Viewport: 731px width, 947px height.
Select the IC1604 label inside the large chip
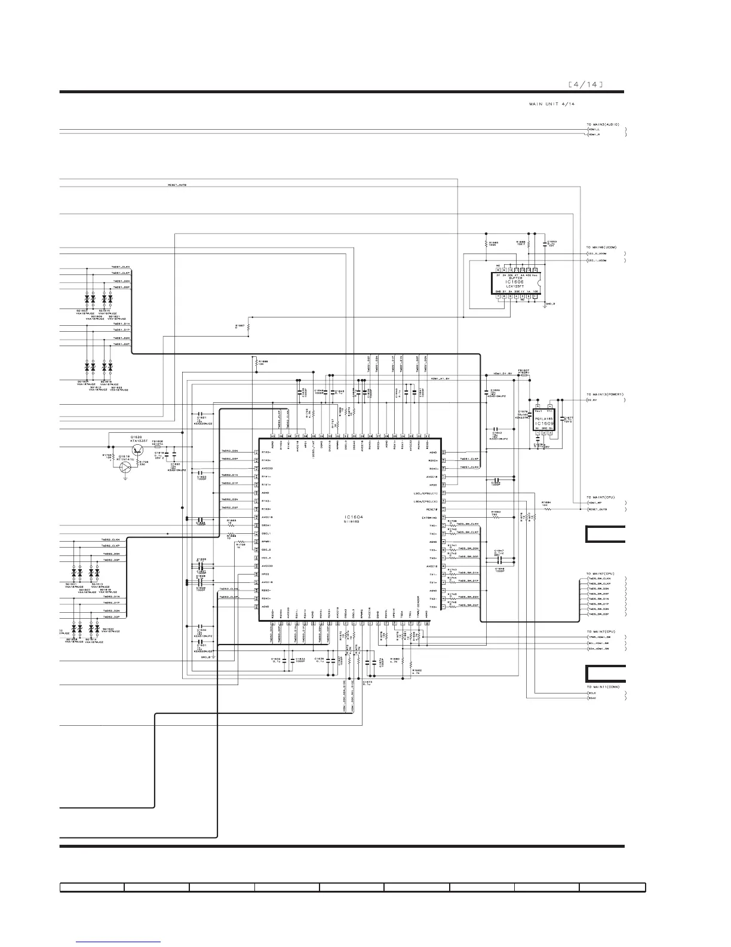[x=354, y=517]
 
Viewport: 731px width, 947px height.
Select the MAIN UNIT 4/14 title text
[x=551, y=104]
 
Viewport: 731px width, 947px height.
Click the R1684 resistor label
[x=545, y=502]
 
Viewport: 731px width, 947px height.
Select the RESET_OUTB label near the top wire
[x=177, y=185]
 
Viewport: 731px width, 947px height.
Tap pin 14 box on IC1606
[x=536, y=270]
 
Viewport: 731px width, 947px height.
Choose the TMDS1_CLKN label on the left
[x=121, y=267]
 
